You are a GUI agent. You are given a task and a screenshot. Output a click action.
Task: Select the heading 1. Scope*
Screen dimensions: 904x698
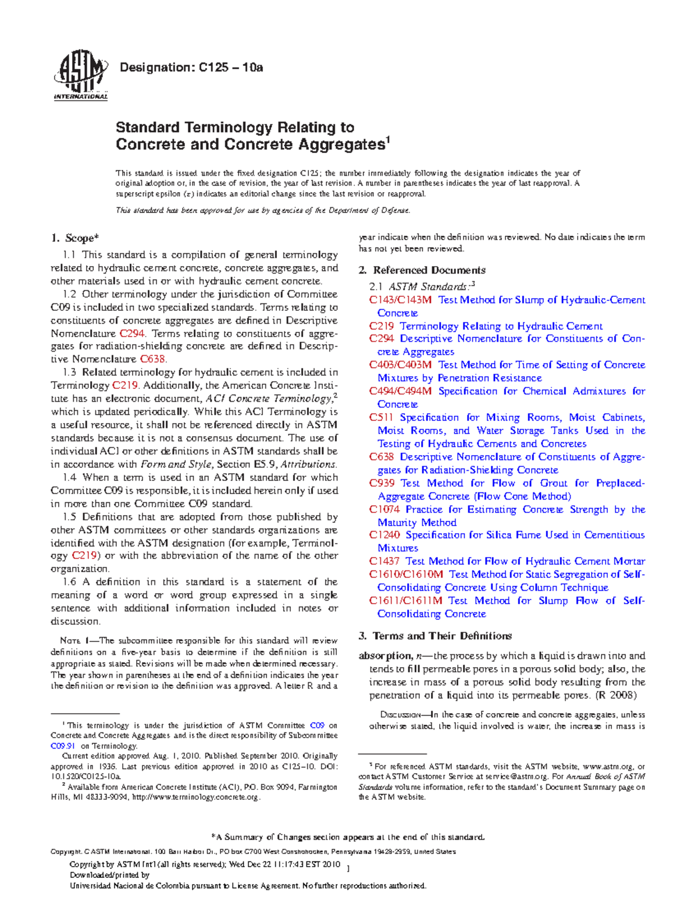coord(75,237)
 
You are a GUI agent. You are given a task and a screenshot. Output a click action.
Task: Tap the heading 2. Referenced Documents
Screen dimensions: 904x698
coord(422,270)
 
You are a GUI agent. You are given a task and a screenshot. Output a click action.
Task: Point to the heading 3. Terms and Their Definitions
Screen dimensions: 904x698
coord(435,636)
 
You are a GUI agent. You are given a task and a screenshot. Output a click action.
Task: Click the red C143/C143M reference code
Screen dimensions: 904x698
coord(400,300)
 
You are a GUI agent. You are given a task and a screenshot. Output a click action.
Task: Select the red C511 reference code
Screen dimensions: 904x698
coord(381,417)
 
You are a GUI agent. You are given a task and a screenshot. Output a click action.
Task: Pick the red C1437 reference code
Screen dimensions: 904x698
coord(384,561)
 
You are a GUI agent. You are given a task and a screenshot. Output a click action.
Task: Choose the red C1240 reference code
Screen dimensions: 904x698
coord(384,535)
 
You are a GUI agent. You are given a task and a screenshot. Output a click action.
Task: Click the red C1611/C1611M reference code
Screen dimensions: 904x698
coord(405,601)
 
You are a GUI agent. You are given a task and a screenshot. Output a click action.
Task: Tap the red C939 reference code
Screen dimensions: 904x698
coord(381,483)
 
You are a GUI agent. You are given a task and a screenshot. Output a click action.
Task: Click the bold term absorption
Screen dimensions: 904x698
coord(384,655)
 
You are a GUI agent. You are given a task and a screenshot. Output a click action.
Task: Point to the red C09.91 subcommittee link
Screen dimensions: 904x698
coord(63,746)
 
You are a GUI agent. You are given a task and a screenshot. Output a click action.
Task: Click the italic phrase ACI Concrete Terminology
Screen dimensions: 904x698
coord(268,399)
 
